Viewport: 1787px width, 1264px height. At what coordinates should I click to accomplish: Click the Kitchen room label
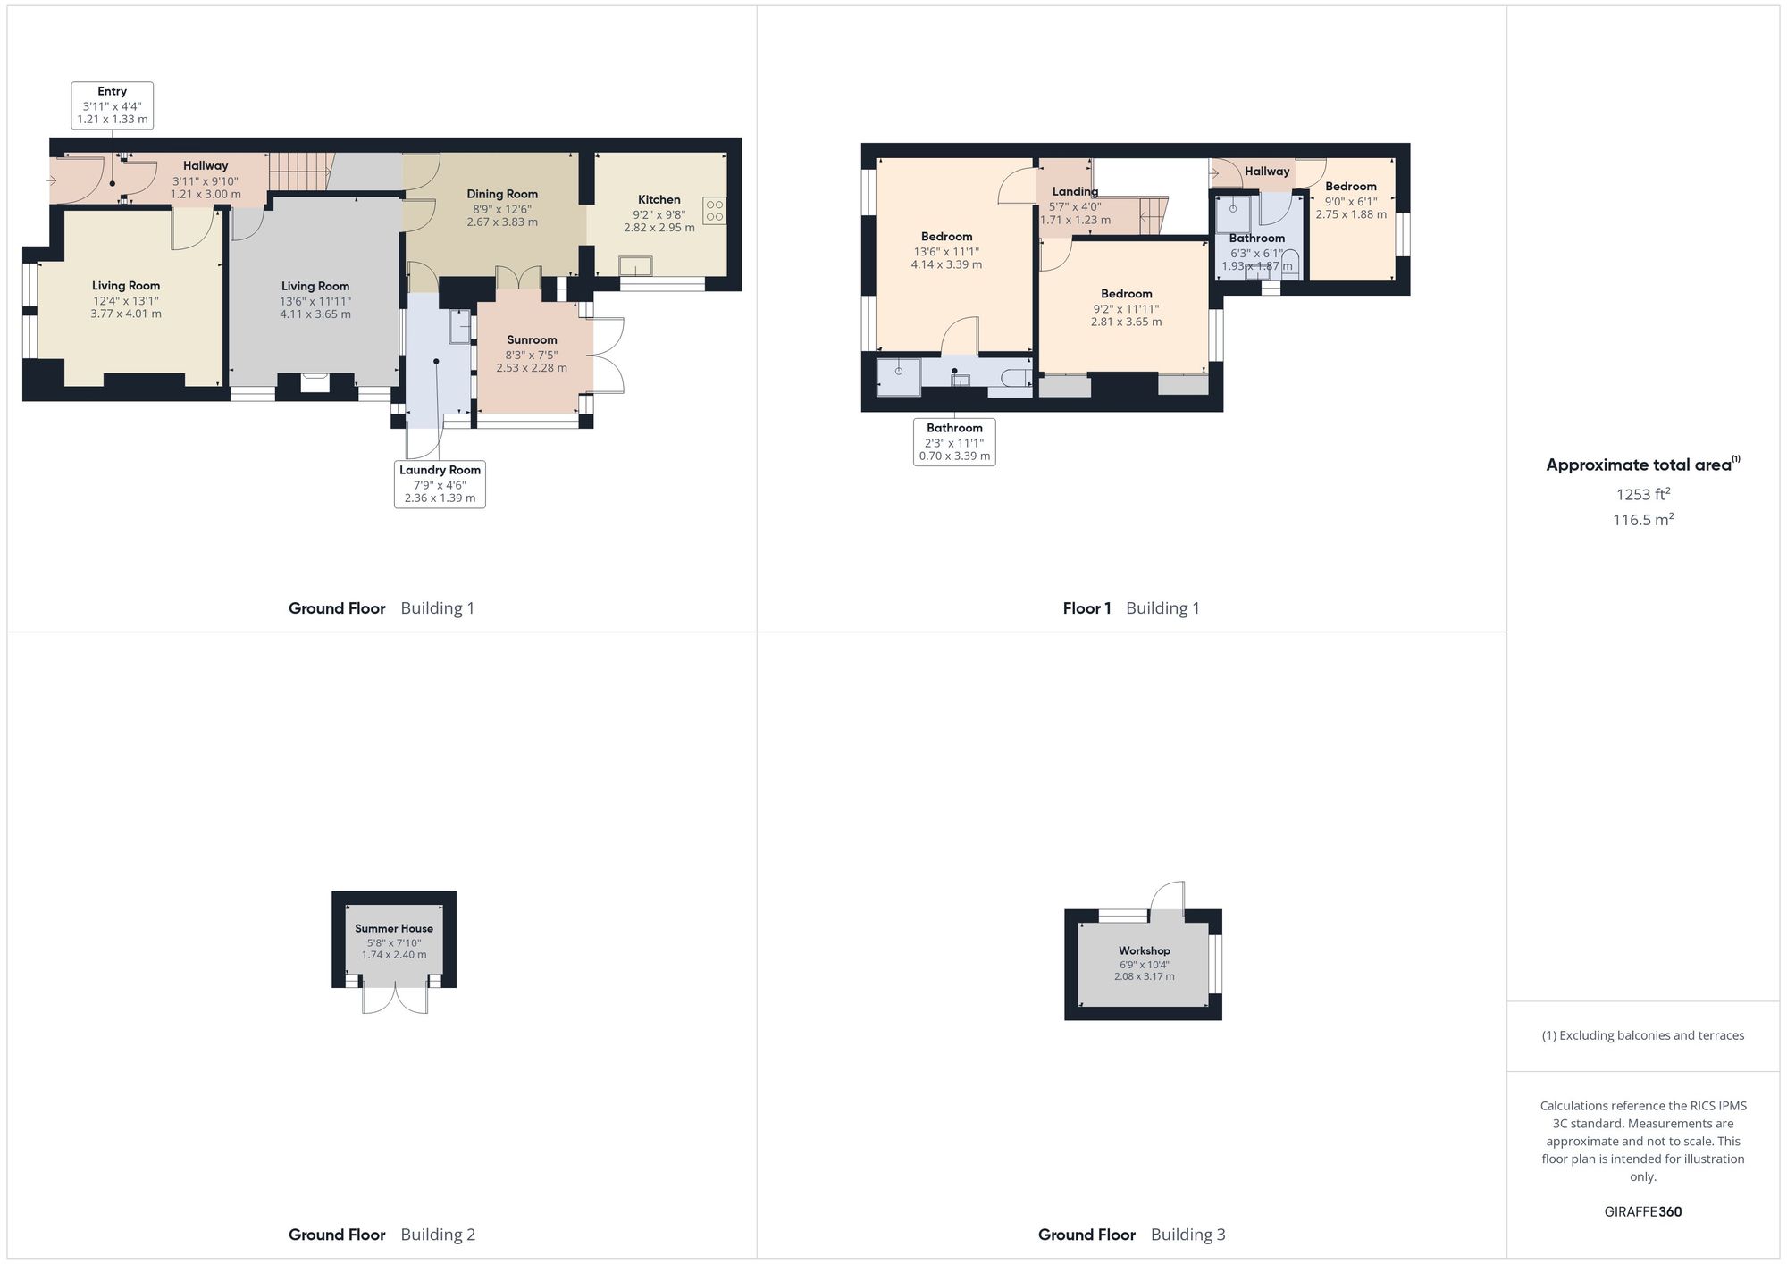pyautogui.click(x=659, y=199)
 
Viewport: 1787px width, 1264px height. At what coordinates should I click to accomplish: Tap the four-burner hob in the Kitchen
pyautogui.click(x=714, y=211)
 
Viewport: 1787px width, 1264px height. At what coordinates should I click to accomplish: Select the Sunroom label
pyautogui.click(x=532, y=339)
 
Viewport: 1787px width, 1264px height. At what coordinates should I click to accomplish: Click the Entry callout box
pyautogui.click(x=113, y=105)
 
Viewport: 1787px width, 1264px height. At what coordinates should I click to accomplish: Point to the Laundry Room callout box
pyautogui.click(x=440, y=484)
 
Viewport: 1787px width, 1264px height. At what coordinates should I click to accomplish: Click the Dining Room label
pyautogui.click(x=502, y=194)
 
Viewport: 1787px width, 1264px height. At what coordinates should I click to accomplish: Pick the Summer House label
pyautogui.click(x=394, y=928)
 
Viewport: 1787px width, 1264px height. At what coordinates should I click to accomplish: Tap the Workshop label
pyautogui.click(x=1144, y=950)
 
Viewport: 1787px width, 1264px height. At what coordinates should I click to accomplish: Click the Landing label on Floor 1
pyautogui.click(x=1075, y=191)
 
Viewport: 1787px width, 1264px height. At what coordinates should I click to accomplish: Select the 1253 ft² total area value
pyautogui.click(x=1642, y=494)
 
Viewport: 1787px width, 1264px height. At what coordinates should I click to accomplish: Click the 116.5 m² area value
pyautogui.click(x=1642, y=520)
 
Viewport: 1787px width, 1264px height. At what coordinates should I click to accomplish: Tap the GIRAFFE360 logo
pyautogui.click(x=1642, y=1211)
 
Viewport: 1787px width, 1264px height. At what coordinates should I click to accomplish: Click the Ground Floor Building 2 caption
pyautogui.click(x=382, y=1235)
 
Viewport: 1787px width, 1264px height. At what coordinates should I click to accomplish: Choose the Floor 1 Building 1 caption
pyautogui.click(x=1131, y=608)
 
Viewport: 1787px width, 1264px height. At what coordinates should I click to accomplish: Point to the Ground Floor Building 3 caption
pyautogui.click(x=1131, y=1235)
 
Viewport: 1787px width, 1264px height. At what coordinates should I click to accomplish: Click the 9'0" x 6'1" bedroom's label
pyautogui.click(x=1351, y=187)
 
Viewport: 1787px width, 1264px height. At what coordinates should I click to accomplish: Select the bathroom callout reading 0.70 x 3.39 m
pyautogui.click(x=954, y=442)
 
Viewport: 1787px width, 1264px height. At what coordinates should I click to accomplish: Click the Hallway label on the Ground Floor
pyautogui.click(x=206, y=165)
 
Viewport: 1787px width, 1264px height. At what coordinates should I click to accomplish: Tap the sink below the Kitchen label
pyautogui.click(x=635, y=265)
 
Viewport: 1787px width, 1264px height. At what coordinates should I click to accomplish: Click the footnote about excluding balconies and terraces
pyautogui.click(x=1642, y=1035)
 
